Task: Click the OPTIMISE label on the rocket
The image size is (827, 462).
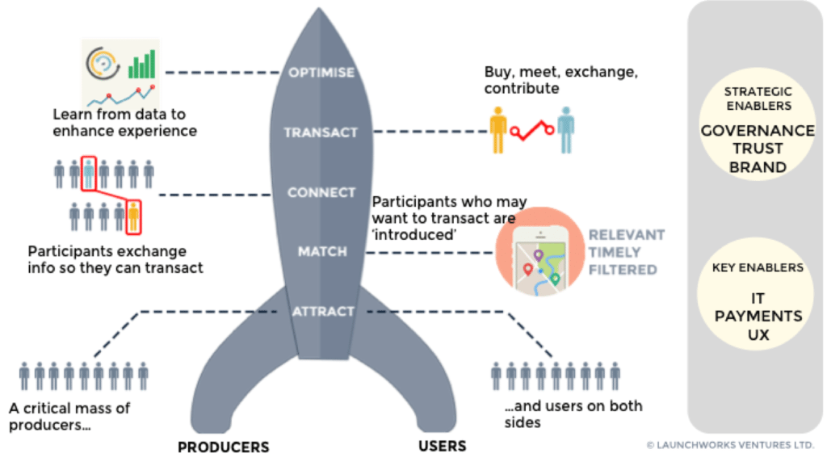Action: [321, 73]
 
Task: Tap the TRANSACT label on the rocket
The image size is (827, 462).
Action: [321, 132]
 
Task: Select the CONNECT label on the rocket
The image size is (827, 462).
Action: [321, 193]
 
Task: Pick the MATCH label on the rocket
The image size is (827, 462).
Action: [321, 252]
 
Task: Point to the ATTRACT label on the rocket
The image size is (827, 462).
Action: [322, 312]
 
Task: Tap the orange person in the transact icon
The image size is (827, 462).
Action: [497, 129]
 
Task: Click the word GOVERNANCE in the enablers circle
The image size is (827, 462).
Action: [758, 131]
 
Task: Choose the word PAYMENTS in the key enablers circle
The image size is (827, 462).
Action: [758, 316]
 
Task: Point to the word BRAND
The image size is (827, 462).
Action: [758, 168]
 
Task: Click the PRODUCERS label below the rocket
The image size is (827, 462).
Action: [223, 447]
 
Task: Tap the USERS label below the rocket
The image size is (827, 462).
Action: [442, 446]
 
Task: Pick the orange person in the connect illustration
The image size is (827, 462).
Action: [133, 216]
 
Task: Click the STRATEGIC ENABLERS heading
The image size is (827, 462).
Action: [758, 99]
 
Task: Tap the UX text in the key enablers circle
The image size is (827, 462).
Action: [758, 334]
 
